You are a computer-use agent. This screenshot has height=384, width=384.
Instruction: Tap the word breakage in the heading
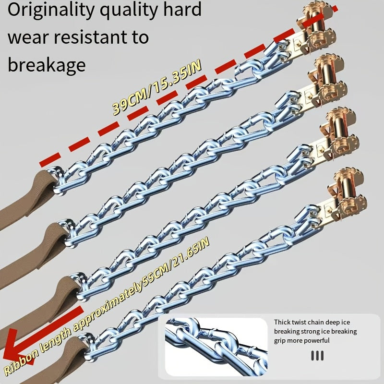pos(46,64)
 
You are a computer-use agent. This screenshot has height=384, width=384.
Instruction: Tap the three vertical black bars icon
pos(317,356)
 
